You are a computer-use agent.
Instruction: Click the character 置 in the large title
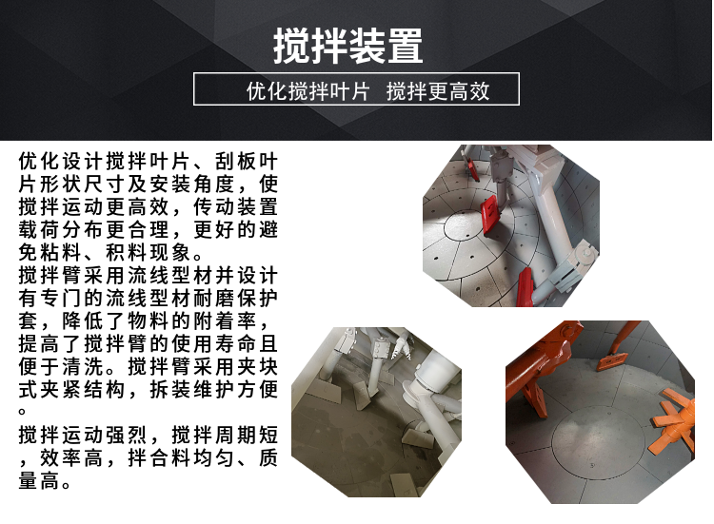(406, 46)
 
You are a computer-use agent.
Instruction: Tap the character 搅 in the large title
(291, 46)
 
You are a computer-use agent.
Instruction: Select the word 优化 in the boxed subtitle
(268, 91)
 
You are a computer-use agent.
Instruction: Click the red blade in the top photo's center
(491, 216)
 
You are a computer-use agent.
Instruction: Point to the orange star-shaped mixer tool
(674, 419)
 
